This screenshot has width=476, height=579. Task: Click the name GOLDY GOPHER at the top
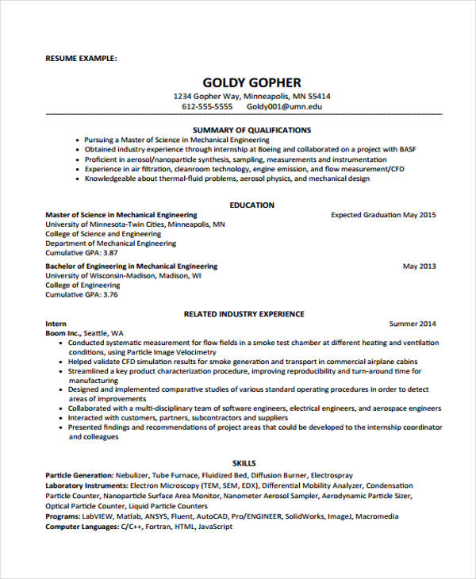(x=251, y=82)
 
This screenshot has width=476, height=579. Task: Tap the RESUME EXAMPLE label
(x=81, y=58)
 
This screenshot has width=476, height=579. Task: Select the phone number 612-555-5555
(x=207, y=106)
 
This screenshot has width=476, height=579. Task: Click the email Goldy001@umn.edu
(x=284, y=106)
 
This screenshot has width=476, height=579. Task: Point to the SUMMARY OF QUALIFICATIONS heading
(x=251, y=129)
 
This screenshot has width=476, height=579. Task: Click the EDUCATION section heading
(x=251, y=205)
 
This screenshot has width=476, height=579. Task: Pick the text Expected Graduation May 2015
(x=383, y=215)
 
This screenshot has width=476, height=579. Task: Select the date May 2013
(x=420, y=266)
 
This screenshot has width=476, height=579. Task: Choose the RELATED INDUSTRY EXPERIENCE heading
(x=244, y=314)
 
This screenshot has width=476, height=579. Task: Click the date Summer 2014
(x=413, y=324)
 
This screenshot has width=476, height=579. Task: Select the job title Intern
(x=56, y=324)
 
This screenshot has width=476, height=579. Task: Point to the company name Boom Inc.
(x=63, y=333)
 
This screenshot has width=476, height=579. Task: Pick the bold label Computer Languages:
(x=80, y=526)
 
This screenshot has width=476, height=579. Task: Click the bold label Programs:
(x=63, y=516)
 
